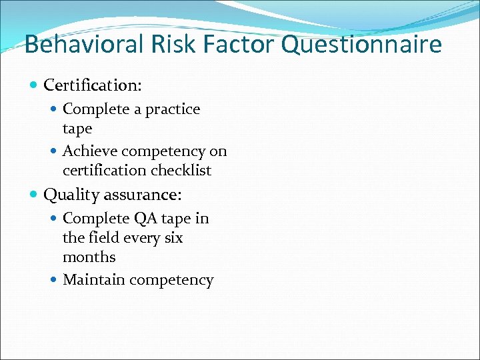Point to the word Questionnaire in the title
[361, 45]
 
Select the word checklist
[181, 171]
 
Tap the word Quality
[70, 195]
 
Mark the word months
[89, 257]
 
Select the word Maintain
[93, 280]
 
